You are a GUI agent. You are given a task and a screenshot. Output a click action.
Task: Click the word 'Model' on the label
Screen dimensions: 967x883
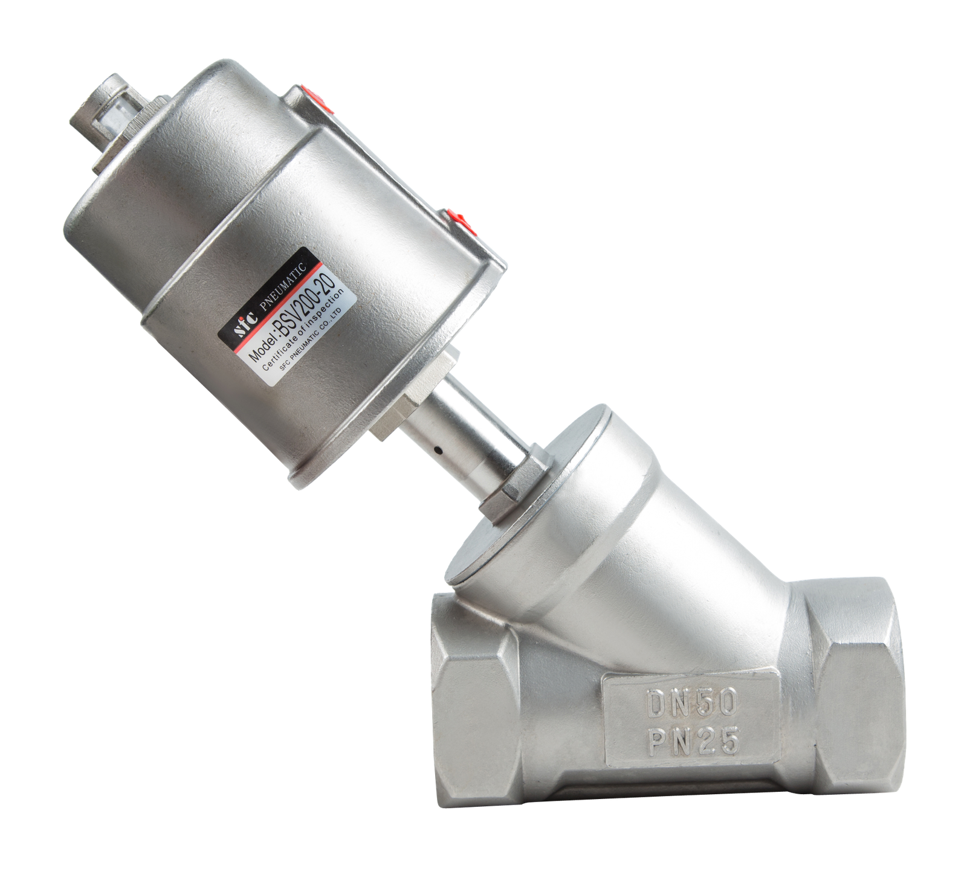(260, 349)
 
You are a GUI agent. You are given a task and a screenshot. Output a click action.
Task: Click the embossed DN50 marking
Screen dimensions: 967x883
(691, 702)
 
